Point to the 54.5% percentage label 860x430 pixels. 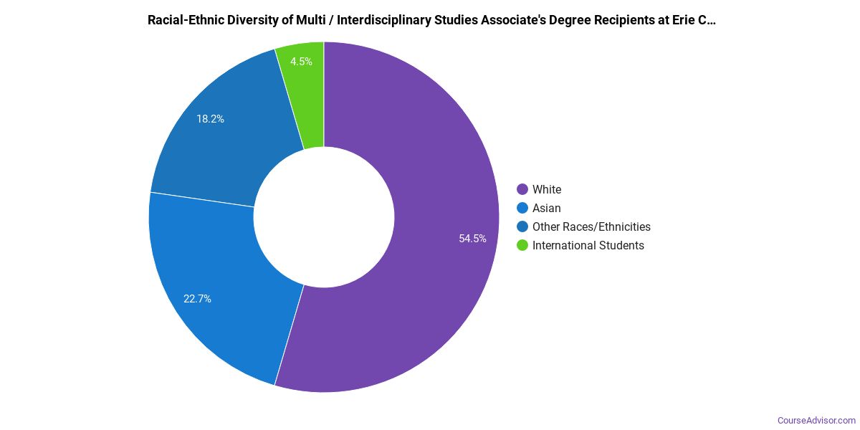[x=472, y=239]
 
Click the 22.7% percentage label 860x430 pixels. [x=197, y=299]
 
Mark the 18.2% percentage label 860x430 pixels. [x=210, y=119]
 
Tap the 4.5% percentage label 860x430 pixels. [x=301, y=62]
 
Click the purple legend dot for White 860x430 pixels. [x=522, y=189]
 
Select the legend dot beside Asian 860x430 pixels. [x=522, y=208]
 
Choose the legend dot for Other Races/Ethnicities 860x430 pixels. [x=522, y=226]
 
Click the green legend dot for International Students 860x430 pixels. [x=522, y=245]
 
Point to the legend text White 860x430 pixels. [x=547, y=189]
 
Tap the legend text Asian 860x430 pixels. [x=547, y=208]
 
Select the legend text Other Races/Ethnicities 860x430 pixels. [x=591, y=226]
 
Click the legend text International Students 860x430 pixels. [x=588, y=245]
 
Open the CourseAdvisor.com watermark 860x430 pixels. [x=816, y=420]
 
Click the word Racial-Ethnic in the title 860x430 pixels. [x=183, y=20]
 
